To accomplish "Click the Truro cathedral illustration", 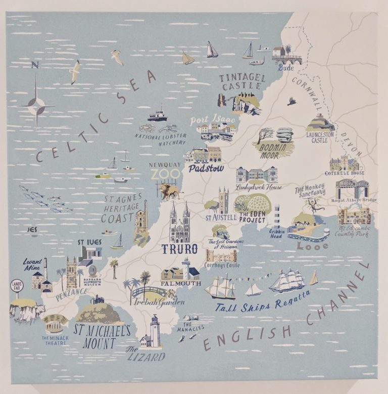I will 179,225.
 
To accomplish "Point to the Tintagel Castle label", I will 242,82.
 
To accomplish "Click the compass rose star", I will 36,106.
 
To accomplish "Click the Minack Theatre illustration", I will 54,323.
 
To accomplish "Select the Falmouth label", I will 181,284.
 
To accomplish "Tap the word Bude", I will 285,68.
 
